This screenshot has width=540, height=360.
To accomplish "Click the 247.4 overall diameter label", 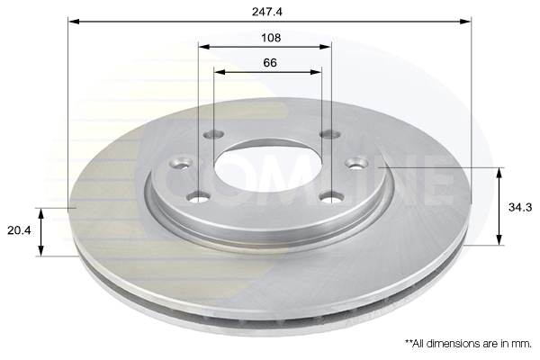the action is [x=267, y=12].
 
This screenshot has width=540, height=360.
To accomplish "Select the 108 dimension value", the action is [x=271, y=38].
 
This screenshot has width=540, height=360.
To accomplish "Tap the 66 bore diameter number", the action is [x=270, y=63].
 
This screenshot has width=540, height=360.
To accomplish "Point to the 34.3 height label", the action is [x=520, y=207].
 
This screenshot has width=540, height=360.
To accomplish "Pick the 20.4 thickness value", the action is [x=19, y=230].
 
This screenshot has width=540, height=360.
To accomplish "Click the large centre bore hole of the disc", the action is [x=268, y=166].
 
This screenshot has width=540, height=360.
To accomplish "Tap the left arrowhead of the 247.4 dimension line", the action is [x=74, y=22].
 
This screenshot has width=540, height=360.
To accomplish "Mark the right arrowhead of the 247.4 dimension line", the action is [x=465, y=22].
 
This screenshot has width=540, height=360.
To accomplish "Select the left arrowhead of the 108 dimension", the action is [x=204, y=47].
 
